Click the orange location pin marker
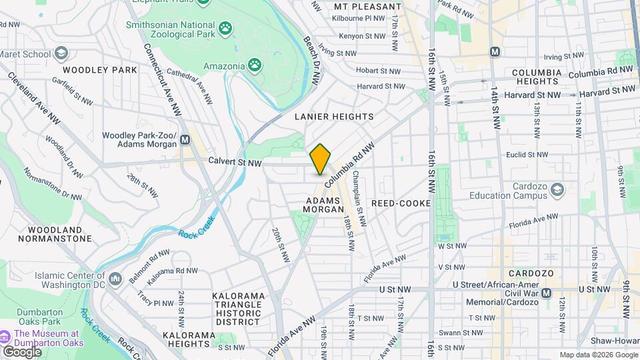pos(320,159)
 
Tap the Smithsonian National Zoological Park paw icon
pos(226,28)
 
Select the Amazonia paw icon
pos(255,65)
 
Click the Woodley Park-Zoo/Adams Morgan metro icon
pos(185,141)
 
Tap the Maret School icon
pos(61,53)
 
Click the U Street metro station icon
pos(547,293)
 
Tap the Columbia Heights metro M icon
pos(495,51)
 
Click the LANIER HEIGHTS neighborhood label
pos(334,117)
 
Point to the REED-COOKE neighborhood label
pos(401,203)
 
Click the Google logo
pos(22,351)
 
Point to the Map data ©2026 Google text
pos(598,355)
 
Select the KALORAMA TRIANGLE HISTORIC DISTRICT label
pos(238,308)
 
